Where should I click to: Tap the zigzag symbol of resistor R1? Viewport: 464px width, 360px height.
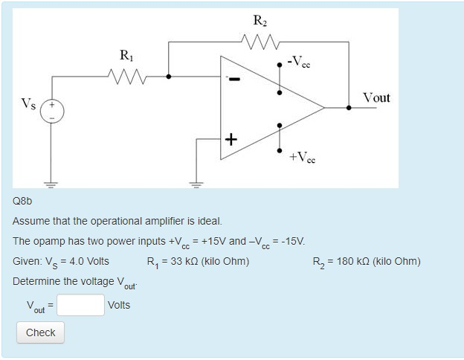(127, 75)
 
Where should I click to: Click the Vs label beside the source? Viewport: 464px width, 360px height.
(28, 102)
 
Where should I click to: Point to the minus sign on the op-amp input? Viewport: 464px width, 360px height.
(231, 78)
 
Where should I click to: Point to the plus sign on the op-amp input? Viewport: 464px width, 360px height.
(231, 138)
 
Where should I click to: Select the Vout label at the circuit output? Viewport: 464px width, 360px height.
(376, 97)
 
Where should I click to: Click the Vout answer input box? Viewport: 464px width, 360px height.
(81, 305)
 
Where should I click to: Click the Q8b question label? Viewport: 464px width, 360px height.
(24, 202)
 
